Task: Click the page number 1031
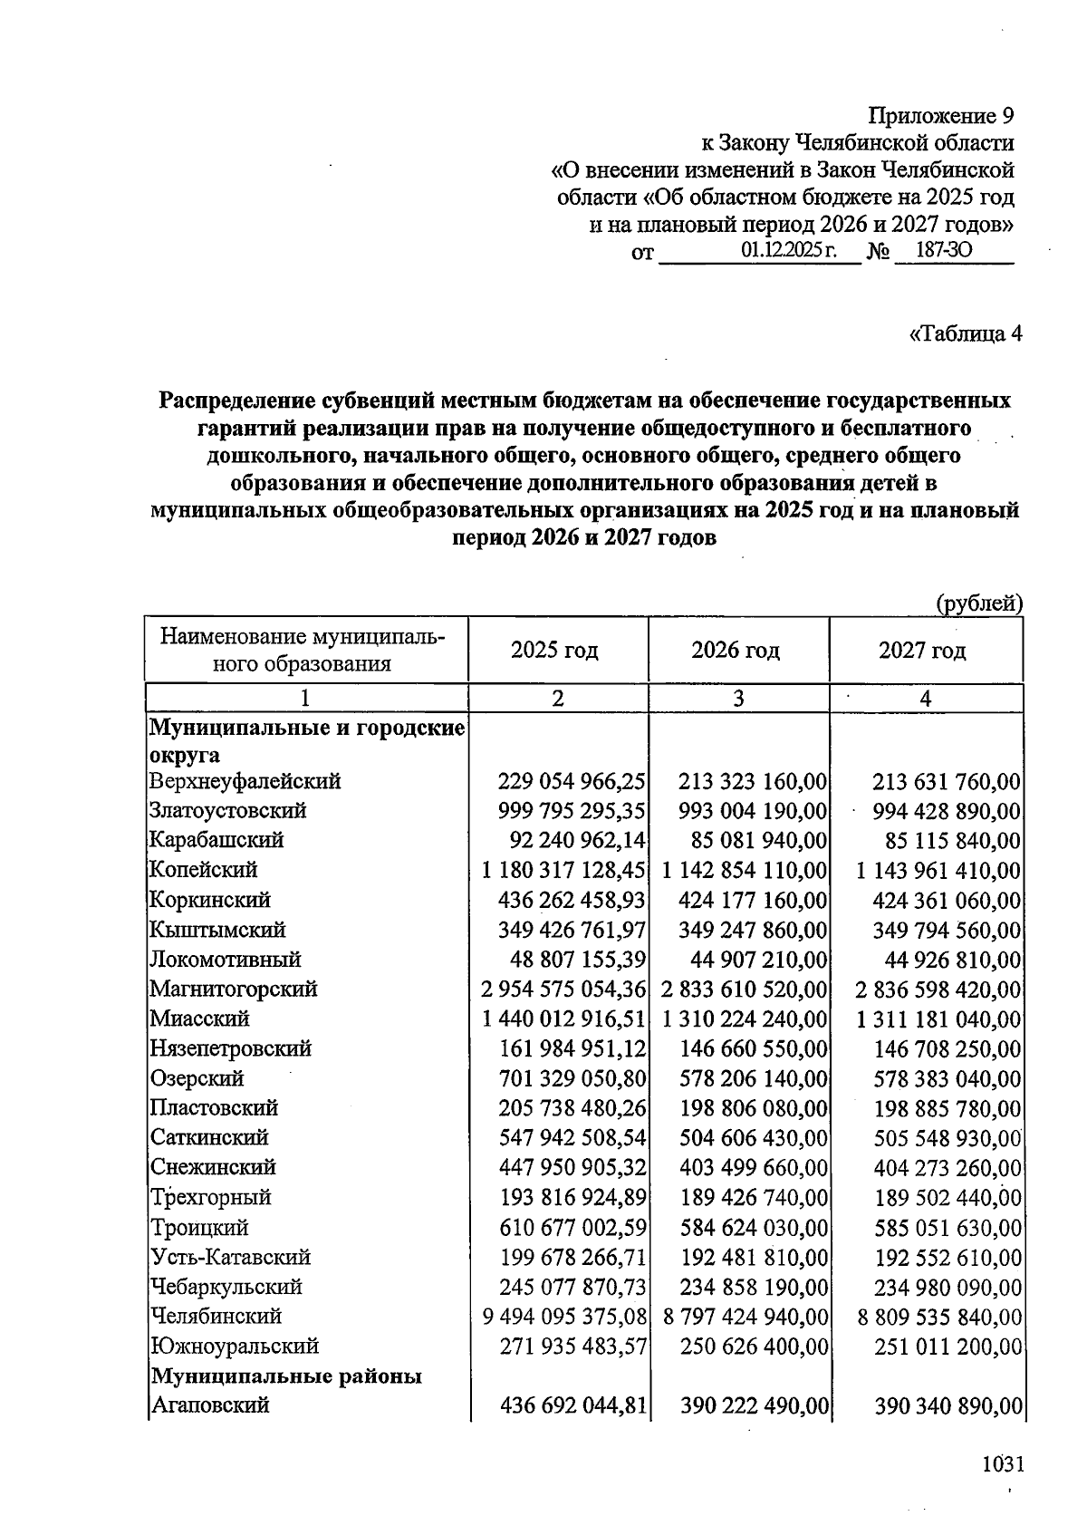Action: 1002,1464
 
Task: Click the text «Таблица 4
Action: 965,334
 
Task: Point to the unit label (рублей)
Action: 979,603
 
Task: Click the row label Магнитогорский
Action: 234,989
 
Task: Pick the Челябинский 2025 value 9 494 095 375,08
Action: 564,1316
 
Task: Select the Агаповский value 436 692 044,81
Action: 573,1405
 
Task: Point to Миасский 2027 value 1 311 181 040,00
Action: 938,1019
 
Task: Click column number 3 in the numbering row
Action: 738,698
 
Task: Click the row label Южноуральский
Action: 234,1346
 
